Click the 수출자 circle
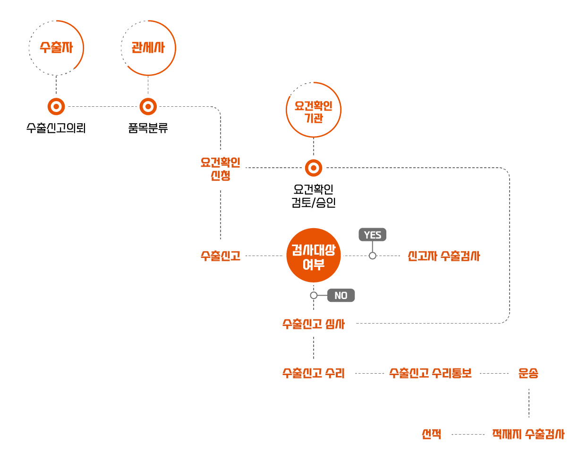point(56,48)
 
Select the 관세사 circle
point(148,48)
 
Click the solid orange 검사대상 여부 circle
point(314,256)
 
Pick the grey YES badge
point(372,235)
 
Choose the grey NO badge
point(341,295)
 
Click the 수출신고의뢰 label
point(56,128)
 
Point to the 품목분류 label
point(148,128)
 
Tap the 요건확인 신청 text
point(221,169)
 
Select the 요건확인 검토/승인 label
point(314,196)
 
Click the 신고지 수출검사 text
point(443,256)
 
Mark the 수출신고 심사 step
point(314,324)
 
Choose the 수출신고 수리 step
point(314,373)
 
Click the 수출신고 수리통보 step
point(430,373)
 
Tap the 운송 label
point(528,373)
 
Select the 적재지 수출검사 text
point(528,434)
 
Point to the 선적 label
point(432,434)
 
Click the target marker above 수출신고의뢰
point(56,106)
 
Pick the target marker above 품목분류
point(148,106)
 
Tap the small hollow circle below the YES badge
point(373,256)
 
